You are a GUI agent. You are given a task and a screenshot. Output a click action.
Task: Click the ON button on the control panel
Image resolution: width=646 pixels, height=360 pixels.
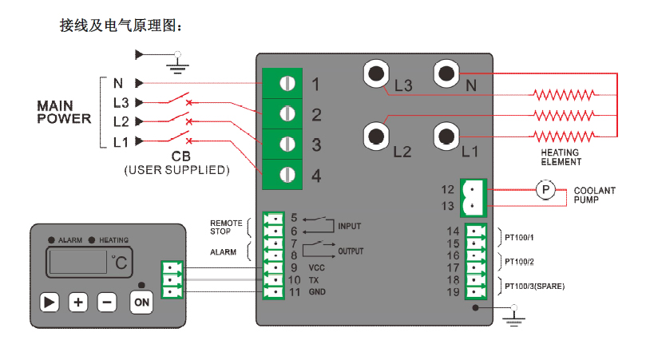[141, 302]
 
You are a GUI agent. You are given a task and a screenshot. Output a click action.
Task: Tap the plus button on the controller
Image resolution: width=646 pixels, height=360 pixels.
[77, 302]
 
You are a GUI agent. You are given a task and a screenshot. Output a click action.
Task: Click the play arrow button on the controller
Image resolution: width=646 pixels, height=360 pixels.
[50, 302]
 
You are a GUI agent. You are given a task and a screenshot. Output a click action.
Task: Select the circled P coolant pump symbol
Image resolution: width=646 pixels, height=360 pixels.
[545, 189]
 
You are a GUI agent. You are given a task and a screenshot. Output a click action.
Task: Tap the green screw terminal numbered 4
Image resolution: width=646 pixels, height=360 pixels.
[287, 174]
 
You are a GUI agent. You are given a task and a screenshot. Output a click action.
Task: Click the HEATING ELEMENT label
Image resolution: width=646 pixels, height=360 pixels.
[561, 156]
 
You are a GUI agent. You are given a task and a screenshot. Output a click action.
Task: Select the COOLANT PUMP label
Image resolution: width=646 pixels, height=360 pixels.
[594, 196]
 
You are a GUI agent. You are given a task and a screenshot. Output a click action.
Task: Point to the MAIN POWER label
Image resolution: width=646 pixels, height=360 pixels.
[64, 113]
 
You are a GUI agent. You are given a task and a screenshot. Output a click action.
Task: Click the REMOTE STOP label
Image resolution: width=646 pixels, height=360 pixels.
[226, 227]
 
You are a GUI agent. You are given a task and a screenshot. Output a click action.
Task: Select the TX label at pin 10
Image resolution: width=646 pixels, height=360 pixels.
[315, 279]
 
